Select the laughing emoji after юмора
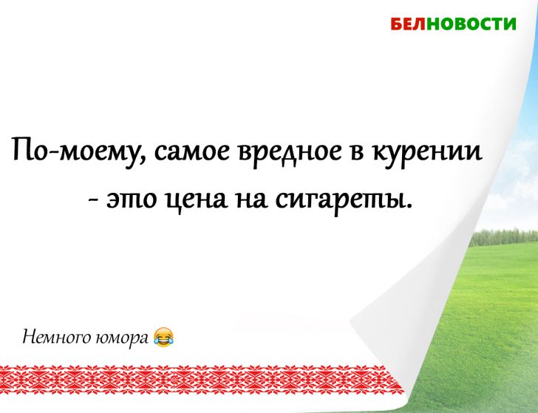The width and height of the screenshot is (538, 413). point(164,337)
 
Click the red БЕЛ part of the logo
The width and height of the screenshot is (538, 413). point(406,24)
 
